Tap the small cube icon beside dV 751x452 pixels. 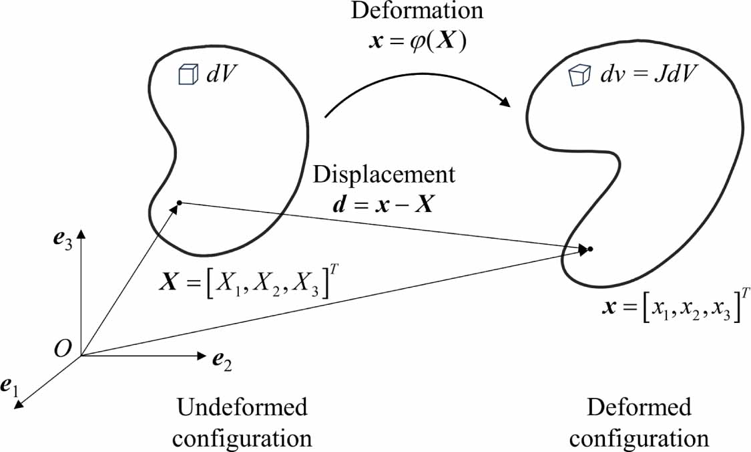pyautogui.click(x=187, y=76)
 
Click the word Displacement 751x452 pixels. pyautogui.click(x=385, y=175)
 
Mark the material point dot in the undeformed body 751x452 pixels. pyautogui.click(x=179, y=203)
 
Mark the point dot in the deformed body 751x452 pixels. pyautogui.click(x=590, y=250)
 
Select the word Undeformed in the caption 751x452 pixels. pyautogui.click(x=243, y=407)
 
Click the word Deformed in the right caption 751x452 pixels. pyautogui.click(x=639, y=407)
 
